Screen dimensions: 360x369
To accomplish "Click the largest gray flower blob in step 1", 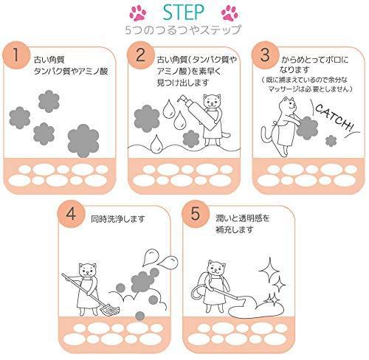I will tap(83, 137).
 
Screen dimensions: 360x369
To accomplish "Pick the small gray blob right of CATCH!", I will tap(330, 140).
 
